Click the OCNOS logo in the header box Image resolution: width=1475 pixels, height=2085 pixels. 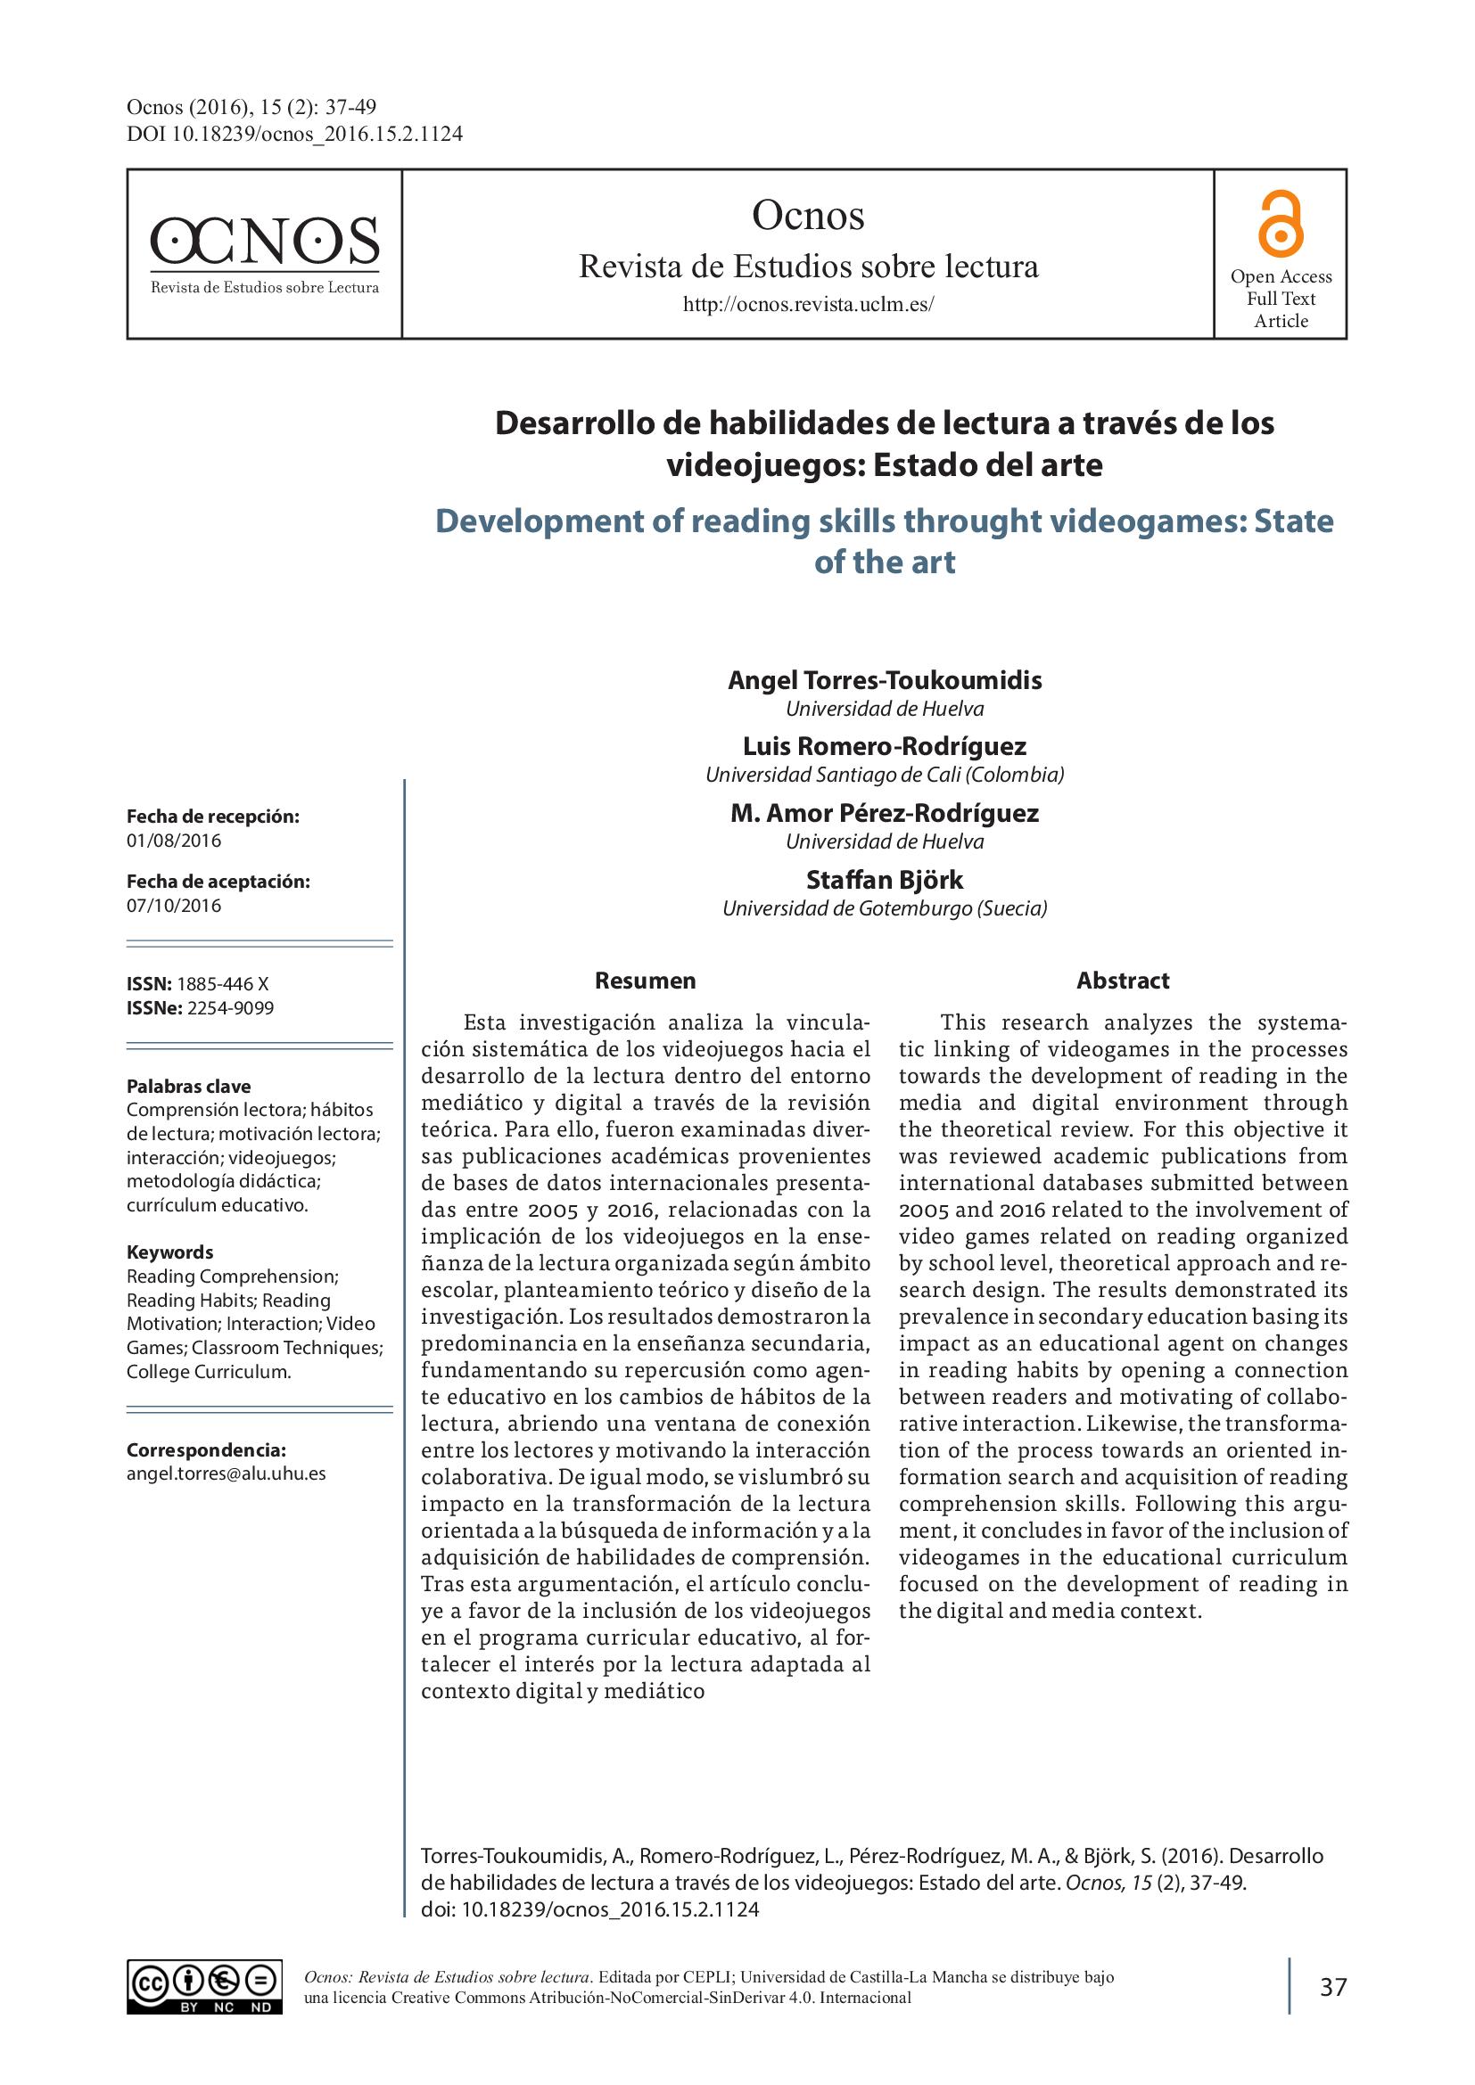pyautogui.click(x=263, y=252)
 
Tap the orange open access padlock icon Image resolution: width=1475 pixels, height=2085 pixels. pyautogui.click(x=1281, y=225)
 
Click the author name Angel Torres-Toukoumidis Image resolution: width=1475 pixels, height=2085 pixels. pyautogui.click(x=885, y=680)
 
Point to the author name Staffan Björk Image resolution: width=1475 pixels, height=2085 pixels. pyautogui.click(x=885, y=880)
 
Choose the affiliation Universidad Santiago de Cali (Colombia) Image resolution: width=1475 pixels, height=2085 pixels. pyautogui.click(x=885, y=775)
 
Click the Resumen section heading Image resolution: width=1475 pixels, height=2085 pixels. pyautogui.click(x=645, y=981)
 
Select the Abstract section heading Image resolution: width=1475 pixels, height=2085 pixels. pyautogui.click(x=1123, y=981)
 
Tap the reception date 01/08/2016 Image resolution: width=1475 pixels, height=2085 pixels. pyautogui.click(x=174, y=840)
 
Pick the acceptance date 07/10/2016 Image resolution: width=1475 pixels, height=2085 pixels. pyautogui.click(x=174, y=906)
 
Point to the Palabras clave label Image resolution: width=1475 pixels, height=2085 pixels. pyautogui.click(x=188, y=1086)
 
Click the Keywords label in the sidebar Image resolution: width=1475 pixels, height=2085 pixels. pyautogui.click(x=169, y=1252)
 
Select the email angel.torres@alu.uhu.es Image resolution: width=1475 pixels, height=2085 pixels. pyautogui.click(x=227, y=1473)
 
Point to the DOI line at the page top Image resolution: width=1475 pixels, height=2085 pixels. pyautogui.click(x=294, y=135)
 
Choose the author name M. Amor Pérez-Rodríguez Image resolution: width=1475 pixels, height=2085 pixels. pyautogui.click(x=885, y=814)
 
